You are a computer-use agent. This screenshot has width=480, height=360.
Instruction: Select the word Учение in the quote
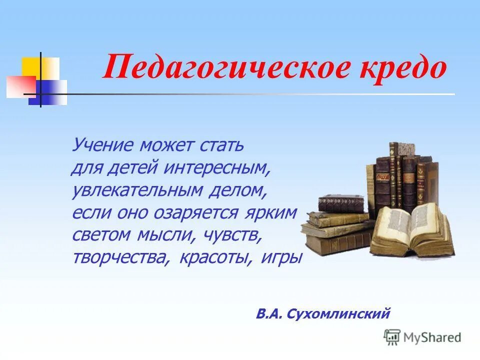point(103,145)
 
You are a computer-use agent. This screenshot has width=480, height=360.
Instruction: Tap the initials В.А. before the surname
point(269,314)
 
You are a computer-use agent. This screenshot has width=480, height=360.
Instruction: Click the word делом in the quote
point(241,190)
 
